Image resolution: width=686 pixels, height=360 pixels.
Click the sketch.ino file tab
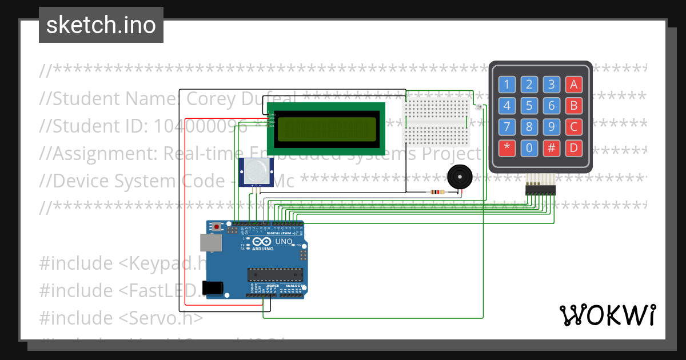tap(101, 25)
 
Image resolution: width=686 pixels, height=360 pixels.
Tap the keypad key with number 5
tap(529, 106)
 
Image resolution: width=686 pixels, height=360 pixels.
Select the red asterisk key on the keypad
tap(507, 148)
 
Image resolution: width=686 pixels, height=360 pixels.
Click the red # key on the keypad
tap(551, 148)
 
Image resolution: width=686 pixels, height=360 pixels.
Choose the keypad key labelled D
tap(573, 148)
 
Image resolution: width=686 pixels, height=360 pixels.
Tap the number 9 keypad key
tap(551, 127)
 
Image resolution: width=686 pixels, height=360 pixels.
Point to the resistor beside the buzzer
tap(437, 192)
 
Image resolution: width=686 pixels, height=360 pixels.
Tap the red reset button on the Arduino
tap(217, 227)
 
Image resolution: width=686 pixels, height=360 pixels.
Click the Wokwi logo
tap(607, 315)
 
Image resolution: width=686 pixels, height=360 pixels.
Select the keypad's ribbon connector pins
tap(540, 190)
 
